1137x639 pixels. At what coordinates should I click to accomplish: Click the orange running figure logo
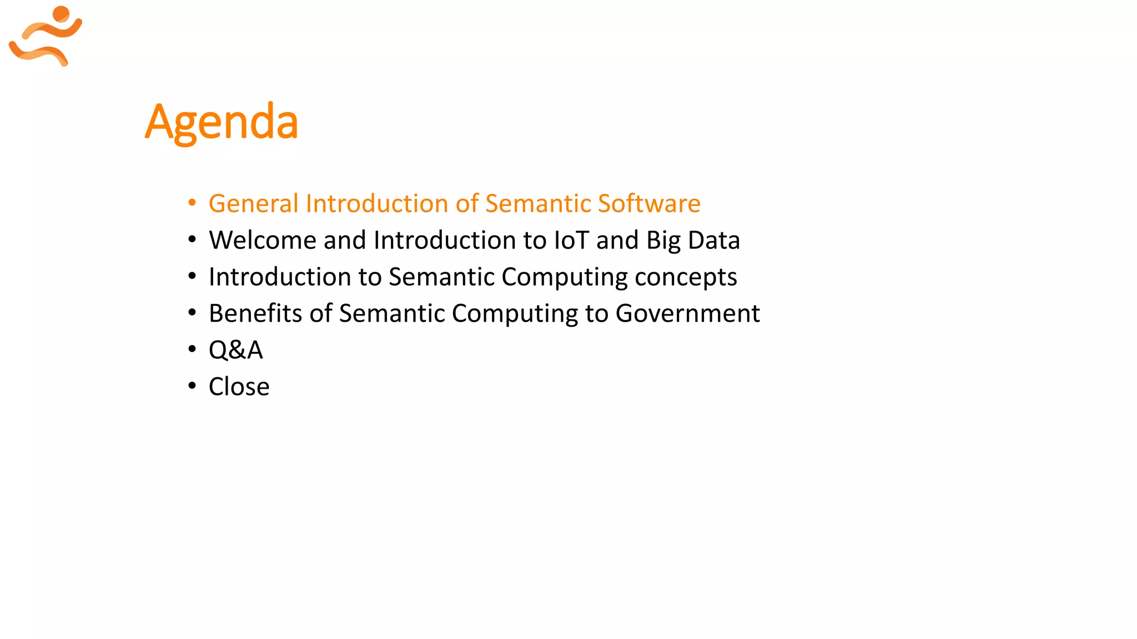46,37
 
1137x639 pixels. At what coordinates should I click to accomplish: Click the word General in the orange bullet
253,204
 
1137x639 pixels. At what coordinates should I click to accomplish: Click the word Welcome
262,240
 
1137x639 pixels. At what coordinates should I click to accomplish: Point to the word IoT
571,240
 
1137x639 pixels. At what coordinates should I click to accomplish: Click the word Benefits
255,313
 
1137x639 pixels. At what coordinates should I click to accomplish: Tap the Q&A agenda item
235,350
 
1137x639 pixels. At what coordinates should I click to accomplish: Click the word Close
239,387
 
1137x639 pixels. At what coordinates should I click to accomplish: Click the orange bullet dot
192,203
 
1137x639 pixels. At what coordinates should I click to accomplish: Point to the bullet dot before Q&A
192,349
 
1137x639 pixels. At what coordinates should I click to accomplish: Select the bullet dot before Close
192,386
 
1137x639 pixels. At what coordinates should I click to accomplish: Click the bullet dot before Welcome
192,240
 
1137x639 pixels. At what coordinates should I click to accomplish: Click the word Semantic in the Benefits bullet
392,313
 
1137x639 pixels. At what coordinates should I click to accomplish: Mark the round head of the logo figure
61,14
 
